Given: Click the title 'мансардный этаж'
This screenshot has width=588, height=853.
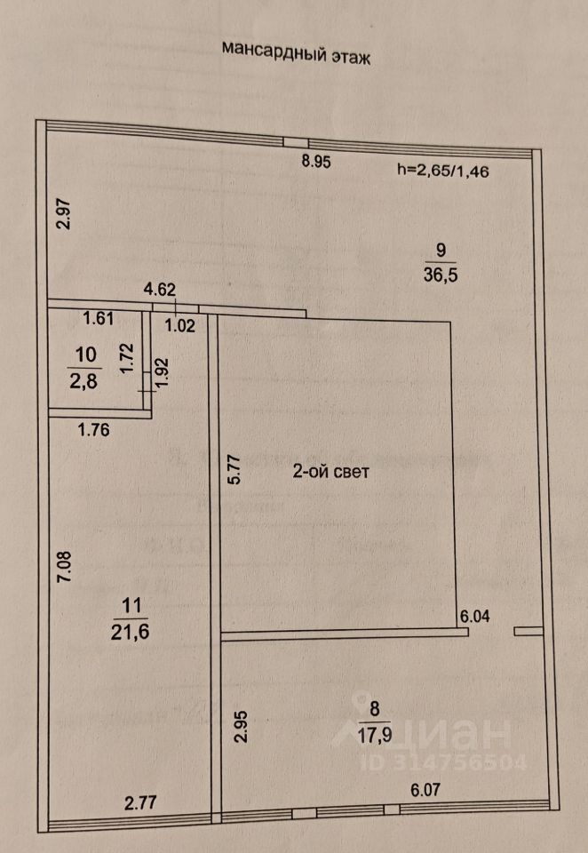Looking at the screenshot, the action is [x=294, y=52].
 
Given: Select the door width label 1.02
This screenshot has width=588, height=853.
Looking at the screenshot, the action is [x=180, y=325].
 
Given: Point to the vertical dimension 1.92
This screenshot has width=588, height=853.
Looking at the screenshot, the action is [x=161, y=371].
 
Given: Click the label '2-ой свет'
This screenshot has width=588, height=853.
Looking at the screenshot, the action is [x=331, y=473].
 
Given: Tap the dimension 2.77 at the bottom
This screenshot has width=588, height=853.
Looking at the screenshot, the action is [x=140, y=804].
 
